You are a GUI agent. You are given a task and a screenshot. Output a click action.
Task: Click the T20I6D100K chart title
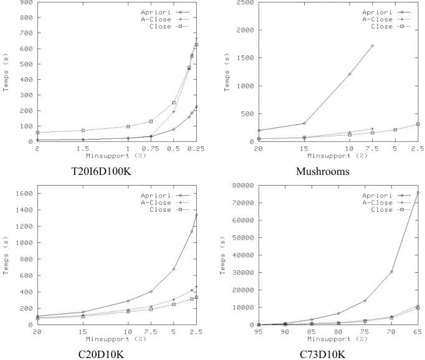click(101, 171)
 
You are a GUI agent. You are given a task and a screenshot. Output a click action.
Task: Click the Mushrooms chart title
click(323, 171)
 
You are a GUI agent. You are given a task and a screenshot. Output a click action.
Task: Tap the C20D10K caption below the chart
click(101, 354)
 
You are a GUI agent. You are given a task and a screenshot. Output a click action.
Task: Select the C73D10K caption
click(323, 354)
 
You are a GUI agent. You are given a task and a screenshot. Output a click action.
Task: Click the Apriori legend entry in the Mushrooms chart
click(386, 12)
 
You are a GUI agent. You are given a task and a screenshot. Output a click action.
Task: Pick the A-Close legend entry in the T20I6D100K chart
click(165, 19)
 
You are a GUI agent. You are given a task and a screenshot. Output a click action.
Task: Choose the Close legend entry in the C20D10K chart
click(170, 210)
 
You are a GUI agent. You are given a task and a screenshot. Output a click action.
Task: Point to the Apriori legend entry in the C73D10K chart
click(386, 196)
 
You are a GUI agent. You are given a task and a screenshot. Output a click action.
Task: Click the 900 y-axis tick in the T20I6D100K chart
click(27, 2)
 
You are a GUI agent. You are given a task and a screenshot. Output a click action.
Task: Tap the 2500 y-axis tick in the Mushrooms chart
click(245, 2)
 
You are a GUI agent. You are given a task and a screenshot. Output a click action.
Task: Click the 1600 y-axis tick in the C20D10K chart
click(24, 194)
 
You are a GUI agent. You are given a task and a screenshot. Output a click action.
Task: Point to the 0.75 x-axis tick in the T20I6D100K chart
click(151, 148)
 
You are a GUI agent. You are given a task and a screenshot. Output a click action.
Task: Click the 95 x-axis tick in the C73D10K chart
click(259, 332)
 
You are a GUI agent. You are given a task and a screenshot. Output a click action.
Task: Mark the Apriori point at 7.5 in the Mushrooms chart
click(373, 46)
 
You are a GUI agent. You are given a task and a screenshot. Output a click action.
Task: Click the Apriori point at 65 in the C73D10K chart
click(418, 192)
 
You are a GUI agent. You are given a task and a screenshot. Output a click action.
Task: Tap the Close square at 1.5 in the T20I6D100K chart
click(84, 131)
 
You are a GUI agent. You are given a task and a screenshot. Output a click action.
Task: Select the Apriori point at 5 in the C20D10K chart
click(174, 269)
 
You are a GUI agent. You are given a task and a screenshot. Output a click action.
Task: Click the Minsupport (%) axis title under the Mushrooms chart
click(338, 156)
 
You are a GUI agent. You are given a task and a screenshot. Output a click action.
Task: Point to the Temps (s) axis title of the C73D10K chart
click(222, 256)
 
